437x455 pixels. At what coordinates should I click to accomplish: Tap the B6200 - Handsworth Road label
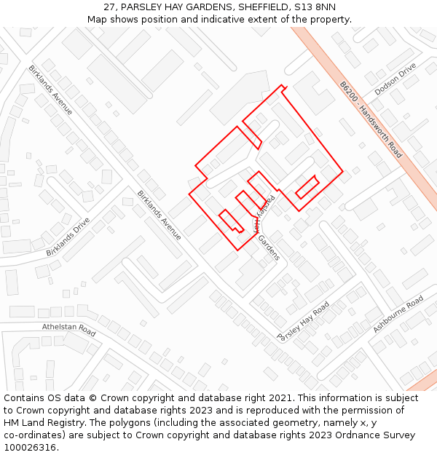(370, 119)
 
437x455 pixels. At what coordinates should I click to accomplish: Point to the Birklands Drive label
(68, 237)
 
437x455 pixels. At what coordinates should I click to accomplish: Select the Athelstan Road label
(68, 330)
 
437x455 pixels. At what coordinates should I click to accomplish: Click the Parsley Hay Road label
(303, 321)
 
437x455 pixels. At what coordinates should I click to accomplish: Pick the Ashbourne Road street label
(398, 314)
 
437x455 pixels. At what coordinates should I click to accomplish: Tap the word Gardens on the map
(268, 248)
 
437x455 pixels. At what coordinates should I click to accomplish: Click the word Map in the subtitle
(97, 20)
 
